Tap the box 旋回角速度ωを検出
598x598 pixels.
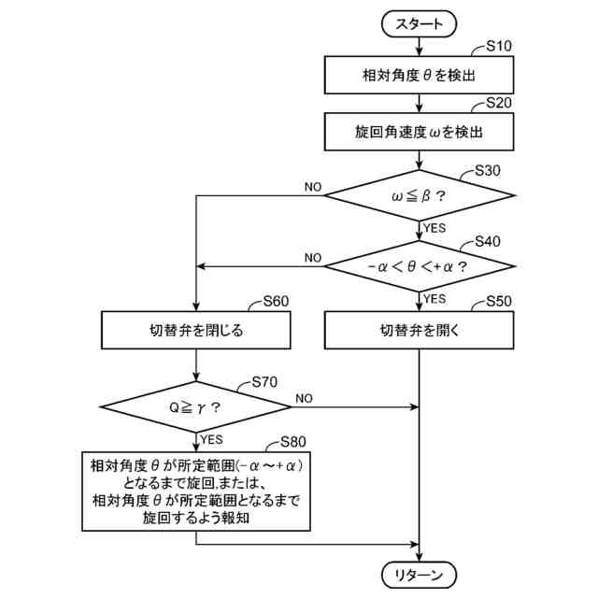420,132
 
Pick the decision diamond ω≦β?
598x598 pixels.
420,196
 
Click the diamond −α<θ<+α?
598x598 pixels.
420,265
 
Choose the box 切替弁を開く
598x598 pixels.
420,330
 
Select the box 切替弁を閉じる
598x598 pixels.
197,330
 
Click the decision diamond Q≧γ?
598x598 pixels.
197,406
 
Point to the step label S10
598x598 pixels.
501,46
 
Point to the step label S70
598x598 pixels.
265,382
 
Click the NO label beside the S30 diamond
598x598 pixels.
313,187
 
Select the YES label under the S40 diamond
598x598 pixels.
434,299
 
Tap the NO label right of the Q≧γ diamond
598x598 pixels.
304,398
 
